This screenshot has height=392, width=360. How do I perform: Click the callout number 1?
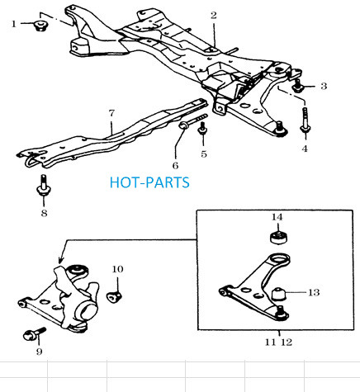click(x=14, y=24)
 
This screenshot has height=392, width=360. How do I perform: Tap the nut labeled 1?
click(x=41, y=26)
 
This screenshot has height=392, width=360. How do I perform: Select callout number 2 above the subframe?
click(x=214, y=16)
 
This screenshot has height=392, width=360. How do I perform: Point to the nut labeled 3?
click(x=297, y=86)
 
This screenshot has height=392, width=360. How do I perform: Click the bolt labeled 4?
click(x=305, y=121)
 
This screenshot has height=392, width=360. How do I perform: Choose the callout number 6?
click(x=175, y=166)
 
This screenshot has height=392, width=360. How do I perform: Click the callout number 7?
click(x=111, y=113)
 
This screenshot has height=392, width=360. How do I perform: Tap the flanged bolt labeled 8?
click(x=44, y=185)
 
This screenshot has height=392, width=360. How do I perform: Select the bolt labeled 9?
click(x=34, y=333)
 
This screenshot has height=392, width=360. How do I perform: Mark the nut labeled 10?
click(x=114, y=296)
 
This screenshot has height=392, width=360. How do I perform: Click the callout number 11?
click(x=270, y=342)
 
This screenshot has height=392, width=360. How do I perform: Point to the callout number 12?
click(x=287, y=342)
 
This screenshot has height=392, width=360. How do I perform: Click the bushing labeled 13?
click(x=279, y=294)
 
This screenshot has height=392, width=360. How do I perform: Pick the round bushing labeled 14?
click(x=279, y=238)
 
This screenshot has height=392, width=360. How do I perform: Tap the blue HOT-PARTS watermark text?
click(x=149, y=182)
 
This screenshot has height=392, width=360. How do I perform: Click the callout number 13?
click(x=314, y=292)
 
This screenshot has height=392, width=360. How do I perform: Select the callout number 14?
click(x=277, y=217)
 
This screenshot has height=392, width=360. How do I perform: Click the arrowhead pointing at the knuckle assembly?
click(x=61, y=260)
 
